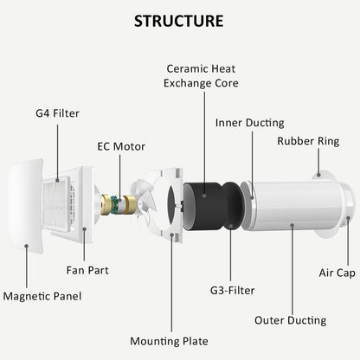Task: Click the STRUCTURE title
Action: (179, 21)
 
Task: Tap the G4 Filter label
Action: (57, 113)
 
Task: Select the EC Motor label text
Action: (121, 146)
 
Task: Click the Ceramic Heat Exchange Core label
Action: (201, 76)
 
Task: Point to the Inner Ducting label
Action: (250, 123)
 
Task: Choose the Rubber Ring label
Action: (308, 141)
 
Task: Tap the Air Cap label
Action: (337, 273)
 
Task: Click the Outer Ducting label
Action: (291, 320)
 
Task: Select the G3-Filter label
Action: (232, 290)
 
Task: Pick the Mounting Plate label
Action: (169, 341)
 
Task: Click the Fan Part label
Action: (87, 270)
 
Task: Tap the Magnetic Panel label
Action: (42, 296)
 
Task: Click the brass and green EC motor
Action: (119, 205)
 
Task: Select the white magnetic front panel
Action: (25, 206)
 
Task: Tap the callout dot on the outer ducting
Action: (292, 225)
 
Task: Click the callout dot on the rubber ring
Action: (318, 175)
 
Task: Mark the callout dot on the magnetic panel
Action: (26, 246)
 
